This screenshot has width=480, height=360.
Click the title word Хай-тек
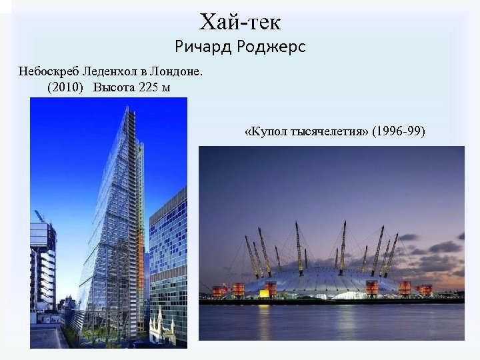click(240, 22)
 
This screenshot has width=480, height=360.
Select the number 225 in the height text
click(149, 87)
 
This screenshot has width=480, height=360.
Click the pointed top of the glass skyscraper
click(127, 109)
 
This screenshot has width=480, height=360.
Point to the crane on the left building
click(39, 215)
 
